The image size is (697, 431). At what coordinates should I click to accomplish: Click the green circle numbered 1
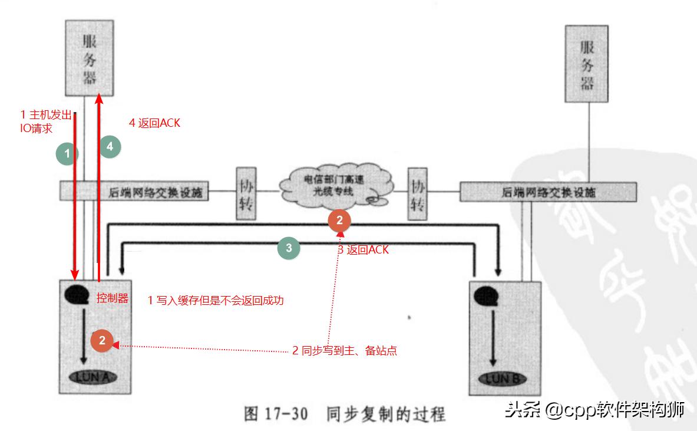tap(67, 154)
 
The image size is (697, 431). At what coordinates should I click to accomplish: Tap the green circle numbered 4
tap(110, 146)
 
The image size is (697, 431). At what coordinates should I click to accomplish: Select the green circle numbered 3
tap(289, 248)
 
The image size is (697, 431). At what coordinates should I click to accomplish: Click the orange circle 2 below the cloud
tap(339, 221)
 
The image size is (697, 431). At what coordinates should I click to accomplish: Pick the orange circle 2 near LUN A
tap(102, 340)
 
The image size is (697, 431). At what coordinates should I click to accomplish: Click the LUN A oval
tap(93, 377)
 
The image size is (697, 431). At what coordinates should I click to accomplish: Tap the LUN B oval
tap(501, 378)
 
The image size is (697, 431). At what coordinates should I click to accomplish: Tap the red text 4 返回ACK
tap(154, 123)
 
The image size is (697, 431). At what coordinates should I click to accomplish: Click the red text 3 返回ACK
tap(363, 250)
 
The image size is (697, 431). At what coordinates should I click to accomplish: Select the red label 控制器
tap(113, 297)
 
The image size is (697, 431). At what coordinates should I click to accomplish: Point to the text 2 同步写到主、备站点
tap(345, 351)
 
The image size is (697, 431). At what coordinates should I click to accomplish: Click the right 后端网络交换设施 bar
tap(547, 192)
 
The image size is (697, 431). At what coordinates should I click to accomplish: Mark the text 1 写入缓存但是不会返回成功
tap(216, 301)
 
